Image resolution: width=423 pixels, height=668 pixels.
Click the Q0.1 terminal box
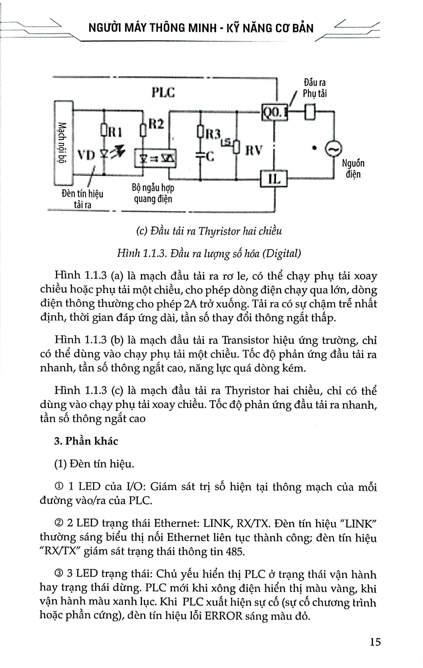pyautogui.click(x=275, y=112)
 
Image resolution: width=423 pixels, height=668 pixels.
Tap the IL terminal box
pyautogui.click(x=274, y=179)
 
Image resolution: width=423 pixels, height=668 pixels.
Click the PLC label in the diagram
pyautogui.click(x=163, y=92)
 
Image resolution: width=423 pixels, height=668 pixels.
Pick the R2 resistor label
pyautogui.click(x=156, y=124)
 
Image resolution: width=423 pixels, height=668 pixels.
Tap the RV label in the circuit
pyautogui.click(x=254, y=150)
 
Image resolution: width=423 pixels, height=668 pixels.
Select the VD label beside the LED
pyautogui.click(x=86, y=155)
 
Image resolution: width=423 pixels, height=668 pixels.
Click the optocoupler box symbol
pyautogui.click(x=155, y=159)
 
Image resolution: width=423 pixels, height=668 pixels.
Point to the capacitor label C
pyautogui.click(x=210, y=157)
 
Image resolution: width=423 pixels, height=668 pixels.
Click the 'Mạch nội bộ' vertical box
pyautogui.click(x=63, y=143)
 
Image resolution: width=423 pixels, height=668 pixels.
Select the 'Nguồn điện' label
pyautogui.click(x=353, y=168)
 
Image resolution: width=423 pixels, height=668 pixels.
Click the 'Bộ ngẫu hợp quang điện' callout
pyautogui.click(x=153, y=193)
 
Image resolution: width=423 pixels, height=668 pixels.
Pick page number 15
pyautogui.click(x=375, y=642)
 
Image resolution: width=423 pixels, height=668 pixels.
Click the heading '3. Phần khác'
pyautogui.click(x=86, y=441)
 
